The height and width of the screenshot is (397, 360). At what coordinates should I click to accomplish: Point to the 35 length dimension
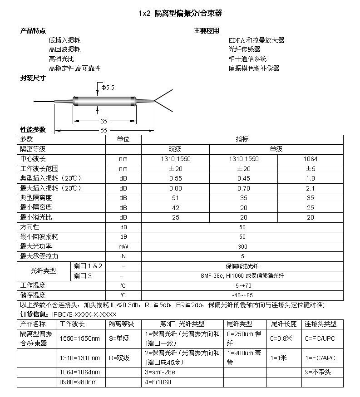coord(104,121)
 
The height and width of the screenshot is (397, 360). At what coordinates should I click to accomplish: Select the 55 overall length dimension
coord(104,130)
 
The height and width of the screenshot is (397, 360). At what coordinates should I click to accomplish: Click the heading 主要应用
coord(206,31)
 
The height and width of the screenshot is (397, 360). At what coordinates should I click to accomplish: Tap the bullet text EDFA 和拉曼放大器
coord(256,40)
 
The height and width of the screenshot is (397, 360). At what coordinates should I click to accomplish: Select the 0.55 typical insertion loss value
coord(175,178)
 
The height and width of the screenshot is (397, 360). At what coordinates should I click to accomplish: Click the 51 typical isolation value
coord(175,198)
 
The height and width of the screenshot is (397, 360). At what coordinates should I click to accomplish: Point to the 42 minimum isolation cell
coord(175,207)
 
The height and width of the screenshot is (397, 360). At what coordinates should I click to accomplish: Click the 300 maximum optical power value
coord(243,246)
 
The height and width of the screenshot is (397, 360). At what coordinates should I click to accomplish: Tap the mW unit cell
coord(123,246)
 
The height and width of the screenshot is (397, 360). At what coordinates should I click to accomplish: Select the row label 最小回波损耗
coord(39,237)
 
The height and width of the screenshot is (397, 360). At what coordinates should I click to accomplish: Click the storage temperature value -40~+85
coord(243,295)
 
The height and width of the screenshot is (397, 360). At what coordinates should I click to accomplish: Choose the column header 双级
coord(175,149)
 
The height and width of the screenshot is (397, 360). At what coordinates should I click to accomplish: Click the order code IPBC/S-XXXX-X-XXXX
coord(84,314)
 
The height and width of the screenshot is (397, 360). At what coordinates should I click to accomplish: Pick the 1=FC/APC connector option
coord(320,358)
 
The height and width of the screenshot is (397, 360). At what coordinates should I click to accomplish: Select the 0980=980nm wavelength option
coord(79,382)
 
